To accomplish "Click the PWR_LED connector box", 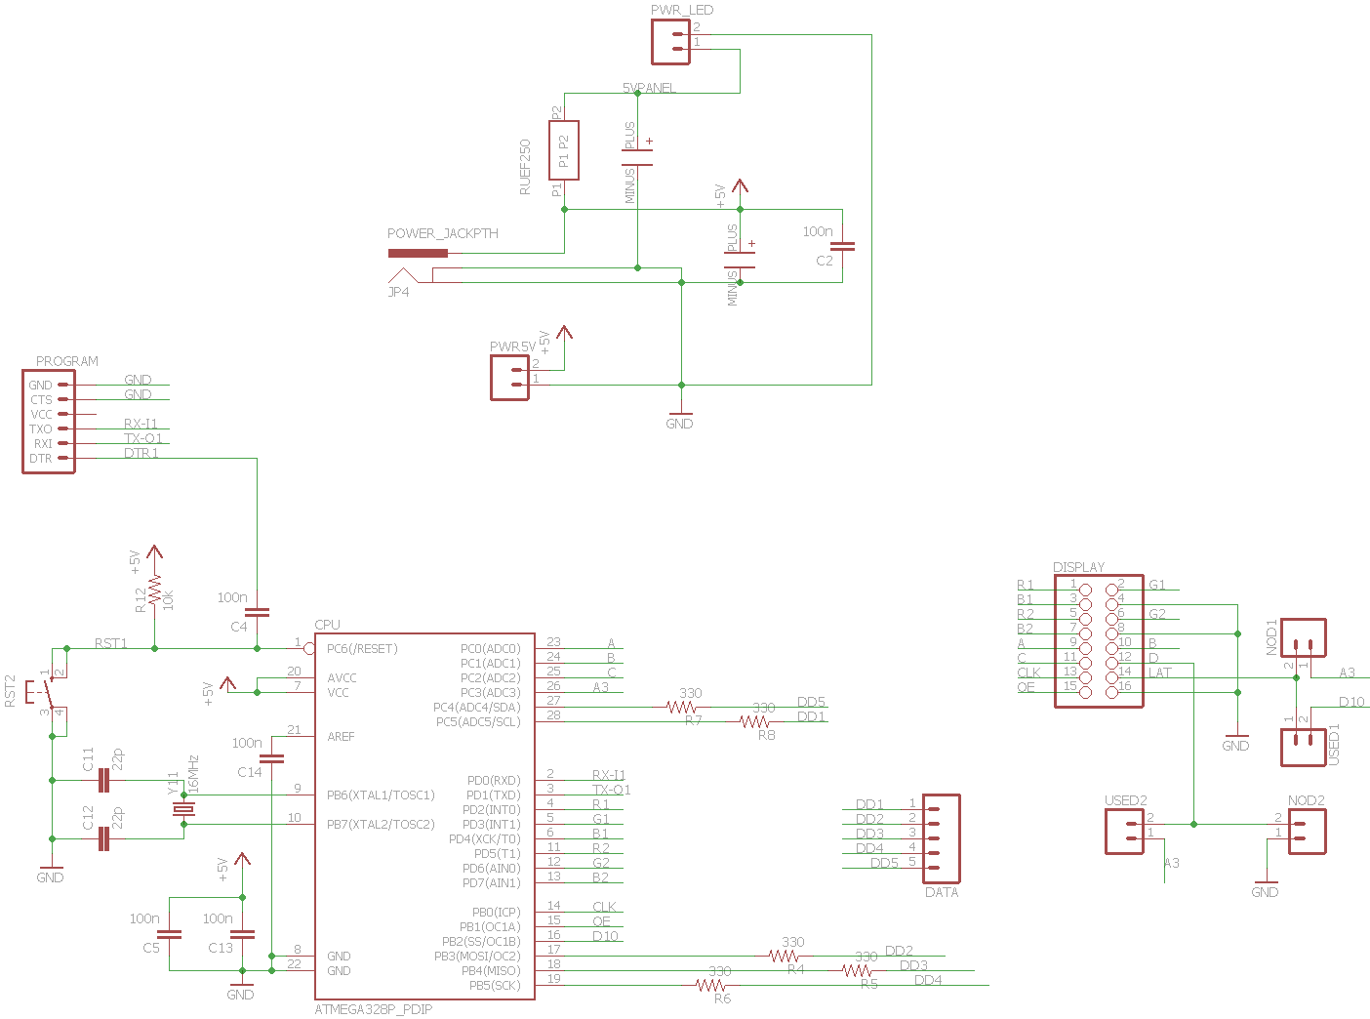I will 670,41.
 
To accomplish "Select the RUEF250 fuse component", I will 564,150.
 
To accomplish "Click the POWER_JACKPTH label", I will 442,233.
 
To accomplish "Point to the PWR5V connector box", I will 509,377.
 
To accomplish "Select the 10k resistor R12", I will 154,593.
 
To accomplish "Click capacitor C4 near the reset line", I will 257,613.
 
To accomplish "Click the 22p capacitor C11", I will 103,781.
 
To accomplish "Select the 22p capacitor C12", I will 103,838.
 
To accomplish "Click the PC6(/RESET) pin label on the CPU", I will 362,649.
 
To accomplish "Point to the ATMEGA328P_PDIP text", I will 374,1009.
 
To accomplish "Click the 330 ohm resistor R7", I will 681,707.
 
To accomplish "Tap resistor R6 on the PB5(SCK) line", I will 710,986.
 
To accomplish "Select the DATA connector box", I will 942,838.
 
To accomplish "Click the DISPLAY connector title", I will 1078,567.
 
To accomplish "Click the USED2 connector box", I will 1124,832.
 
